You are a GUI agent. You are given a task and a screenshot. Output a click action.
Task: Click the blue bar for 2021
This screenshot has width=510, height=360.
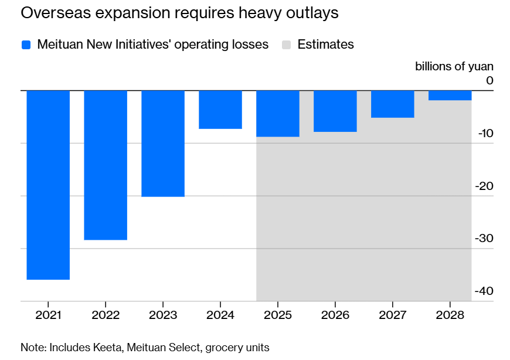click(x=48, y=185)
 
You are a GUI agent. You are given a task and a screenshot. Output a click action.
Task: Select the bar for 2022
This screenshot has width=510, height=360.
click(x=106, y=165)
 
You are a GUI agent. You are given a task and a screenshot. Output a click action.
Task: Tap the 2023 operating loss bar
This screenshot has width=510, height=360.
click(x=163, y=143)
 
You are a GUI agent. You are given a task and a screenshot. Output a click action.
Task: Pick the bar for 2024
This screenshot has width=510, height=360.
click(x=220, y=110)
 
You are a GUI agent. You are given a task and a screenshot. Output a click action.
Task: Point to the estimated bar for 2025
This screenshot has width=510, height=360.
click(x=278, y=113)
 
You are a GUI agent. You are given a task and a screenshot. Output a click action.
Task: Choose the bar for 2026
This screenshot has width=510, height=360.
click(x=335, y=111)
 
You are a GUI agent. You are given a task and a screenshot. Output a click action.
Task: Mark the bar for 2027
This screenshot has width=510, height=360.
click(x=393, y=104)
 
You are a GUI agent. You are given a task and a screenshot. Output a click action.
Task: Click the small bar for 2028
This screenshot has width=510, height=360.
click(x=450, y=95)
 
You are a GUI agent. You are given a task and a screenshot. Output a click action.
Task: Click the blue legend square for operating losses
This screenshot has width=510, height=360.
click(x=26, y=45)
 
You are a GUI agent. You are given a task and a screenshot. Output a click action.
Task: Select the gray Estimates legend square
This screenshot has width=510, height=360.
click(x=287, y=45)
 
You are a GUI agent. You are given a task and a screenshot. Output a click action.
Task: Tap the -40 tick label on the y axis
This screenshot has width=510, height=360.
click(x=484, y=291)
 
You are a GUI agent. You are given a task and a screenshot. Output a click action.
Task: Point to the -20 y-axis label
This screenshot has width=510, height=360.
click(x=484, y=186)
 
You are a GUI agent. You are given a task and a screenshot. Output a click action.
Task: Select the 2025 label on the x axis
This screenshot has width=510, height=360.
click(x=278, y=315)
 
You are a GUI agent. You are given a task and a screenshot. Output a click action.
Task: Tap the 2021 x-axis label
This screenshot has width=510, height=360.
click(x=48, y=315)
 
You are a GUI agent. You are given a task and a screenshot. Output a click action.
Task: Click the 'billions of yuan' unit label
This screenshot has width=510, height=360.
click(x=454, y=66)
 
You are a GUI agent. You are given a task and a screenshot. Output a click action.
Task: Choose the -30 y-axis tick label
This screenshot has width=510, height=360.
click(x=484, y=239)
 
